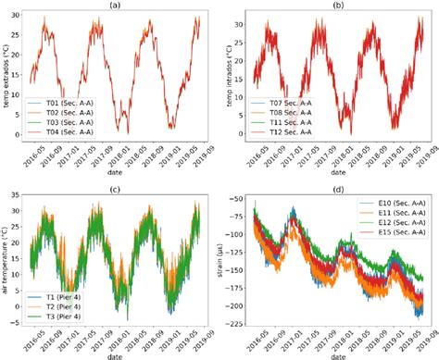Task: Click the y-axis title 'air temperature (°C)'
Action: point(7,262)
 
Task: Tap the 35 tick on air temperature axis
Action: point(20,199)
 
